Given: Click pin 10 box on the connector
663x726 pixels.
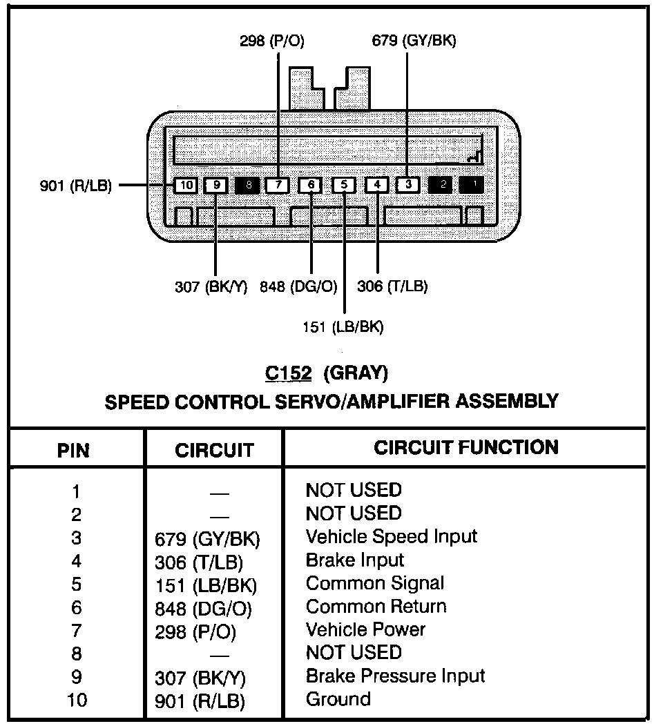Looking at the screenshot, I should coord(185,185).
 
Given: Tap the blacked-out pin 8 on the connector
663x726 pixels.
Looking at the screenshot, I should coord(247,185).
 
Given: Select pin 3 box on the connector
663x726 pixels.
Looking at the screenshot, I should coord(407,185).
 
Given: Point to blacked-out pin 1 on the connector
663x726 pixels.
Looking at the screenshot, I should coord(472,185).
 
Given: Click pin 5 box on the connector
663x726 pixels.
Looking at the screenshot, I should coord(344,185).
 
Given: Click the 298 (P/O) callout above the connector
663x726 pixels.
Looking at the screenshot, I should coord(271,41).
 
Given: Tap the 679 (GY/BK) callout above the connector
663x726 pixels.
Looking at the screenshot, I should coord(414,41).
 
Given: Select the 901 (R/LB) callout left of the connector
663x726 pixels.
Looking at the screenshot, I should coord(76,186).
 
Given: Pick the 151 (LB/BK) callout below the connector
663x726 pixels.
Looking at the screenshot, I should coord(343,326).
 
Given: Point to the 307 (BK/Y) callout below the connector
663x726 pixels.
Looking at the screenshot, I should coord(211,286).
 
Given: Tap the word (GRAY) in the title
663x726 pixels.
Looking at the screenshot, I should coord(356,373).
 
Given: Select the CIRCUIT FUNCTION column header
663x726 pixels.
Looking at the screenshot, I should coord(466,447).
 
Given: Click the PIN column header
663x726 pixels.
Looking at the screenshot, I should coord(73,451).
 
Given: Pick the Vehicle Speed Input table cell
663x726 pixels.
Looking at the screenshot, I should coord(392,536).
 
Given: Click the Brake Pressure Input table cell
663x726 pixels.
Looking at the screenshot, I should coord(395,676).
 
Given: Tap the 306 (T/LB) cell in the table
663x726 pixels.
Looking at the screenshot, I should coord(200,562).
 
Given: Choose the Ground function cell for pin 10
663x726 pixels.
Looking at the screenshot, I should coord(338,699).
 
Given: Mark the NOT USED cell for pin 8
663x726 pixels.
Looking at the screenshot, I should coord(354,652).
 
